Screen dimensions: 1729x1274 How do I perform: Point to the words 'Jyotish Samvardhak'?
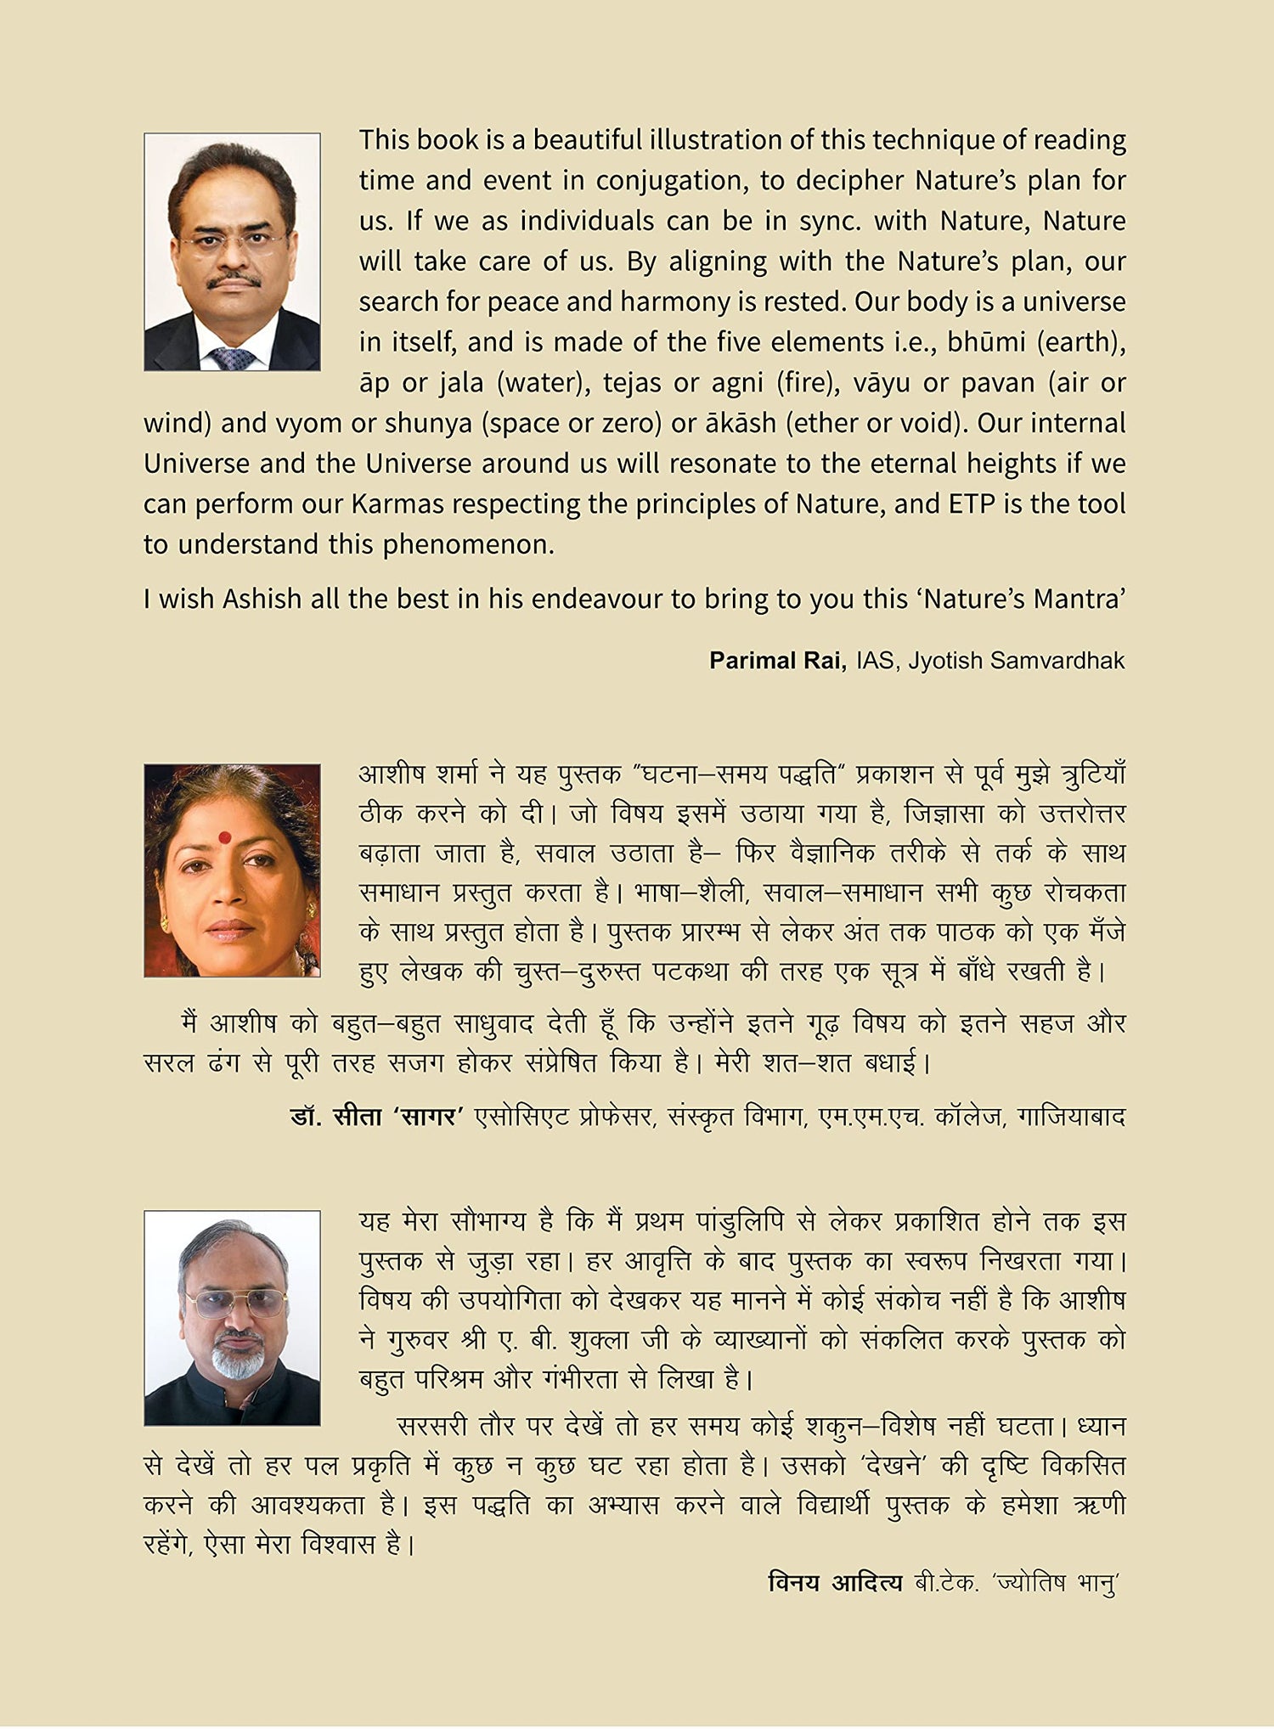click(x=1017, y=661)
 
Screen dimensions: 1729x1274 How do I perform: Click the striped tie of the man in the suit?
click(x=231, y=358)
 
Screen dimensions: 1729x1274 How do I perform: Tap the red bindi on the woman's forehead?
click(x=224, y=838)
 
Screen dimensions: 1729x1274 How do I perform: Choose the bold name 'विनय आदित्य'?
click(x=835, y=1583)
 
